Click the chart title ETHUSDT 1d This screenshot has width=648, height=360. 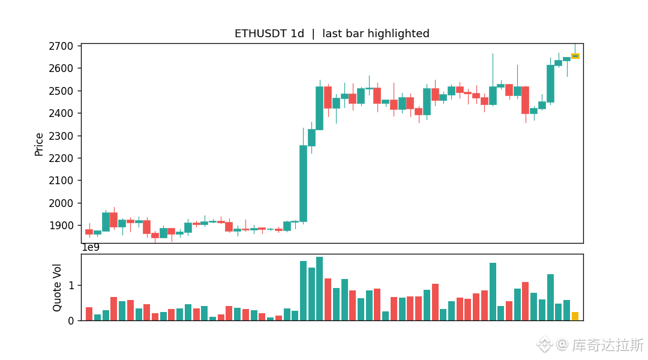pos(269,34)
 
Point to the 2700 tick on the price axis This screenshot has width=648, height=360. pos(61,46)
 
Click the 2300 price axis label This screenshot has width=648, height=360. pos(61,136)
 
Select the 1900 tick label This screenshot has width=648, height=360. pos(61,226)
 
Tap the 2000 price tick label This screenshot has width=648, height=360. pos(61,203)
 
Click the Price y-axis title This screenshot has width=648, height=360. pos(39,144)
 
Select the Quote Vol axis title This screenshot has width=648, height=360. pos(56,287)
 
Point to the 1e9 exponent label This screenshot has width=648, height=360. pos(91,248)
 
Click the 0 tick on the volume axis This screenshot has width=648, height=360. pos(71,321)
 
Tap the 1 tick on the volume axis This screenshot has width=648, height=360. pos(71,286)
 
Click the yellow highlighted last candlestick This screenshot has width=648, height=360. pos(575,56)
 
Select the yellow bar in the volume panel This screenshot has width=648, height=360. pos(575,316)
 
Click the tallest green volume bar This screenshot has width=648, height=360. pos(319,289)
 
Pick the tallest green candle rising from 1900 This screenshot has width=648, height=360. pos(304,184)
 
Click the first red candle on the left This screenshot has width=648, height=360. pos(89,232)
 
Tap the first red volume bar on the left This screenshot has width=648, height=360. pos(89,314)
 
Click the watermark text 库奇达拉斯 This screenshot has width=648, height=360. pos(607,345)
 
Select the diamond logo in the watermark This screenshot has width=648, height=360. pos(544,344)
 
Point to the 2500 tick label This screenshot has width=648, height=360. pos(61,91)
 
